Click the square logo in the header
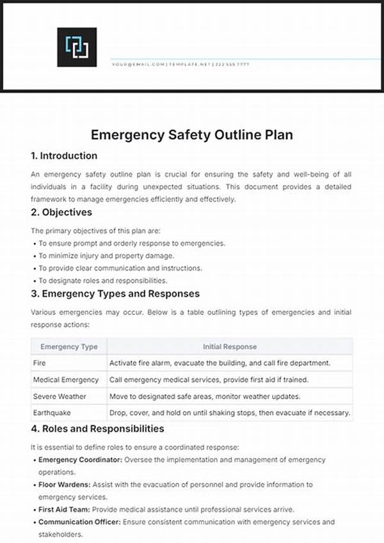tap(77, 47)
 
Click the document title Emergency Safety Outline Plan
tap(192, 135)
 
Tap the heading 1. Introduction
tap(64, 155)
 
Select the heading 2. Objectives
tap(61, 212)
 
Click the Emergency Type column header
tap(69, 347)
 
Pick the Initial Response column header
tap(230, 347)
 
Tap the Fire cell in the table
tap(40, 363)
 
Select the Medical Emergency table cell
tap(66, 379)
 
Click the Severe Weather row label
tap(60, 397)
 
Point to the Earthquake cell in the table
tap(52, 413)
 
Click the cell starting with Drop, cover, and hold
tap(230, 413)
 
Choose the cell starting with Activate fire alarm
tap(220, 363)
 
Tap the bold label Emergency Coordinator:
tap(81, 460)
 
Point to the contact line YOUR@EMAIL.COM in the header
tap(138, 65)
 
